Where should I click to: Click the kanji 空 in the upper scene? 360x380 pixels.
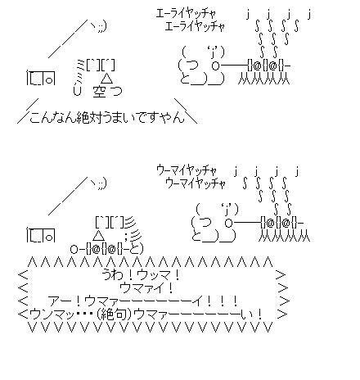click(x=99, y=92)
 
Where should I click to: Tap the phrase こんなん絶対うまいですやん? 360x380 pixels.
click(x=106, y=117)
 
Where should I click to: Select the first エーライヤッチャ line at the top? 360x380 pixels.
click(x=186, y=13)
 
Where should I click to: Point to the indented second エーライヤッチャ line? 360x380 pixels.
click(x=195, y=26)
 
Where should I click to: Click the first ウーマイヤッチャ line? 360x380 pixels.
click(x=187, y=170)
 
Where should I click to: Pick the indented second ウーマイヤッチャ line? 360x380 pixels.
click(x=196, y=183)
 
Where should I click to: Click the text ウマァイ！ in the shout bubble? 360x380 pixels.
click(x=146, y=287)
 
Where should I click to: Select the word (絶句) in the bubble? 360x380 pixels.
click(x=115, y=314)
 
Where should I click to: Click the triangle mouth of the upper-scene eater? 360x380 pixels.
click(x=106, y=79)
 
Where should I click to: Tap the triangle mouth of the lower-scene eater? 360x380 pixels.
click(x=98, y=235)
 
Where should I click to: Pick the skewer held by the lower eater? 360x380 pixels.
click(x=106, y=249)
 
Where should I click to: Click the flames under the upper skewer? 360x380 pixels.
click(x=264, y=79)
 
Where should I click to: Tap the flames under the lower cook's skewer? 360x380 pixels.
click(x=284, y=236)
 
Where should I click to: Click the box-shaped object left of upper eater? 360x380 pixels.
click(x=41, y=78)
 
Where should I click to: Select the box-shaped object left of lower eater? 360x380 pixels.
click(x=41, y=235)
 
